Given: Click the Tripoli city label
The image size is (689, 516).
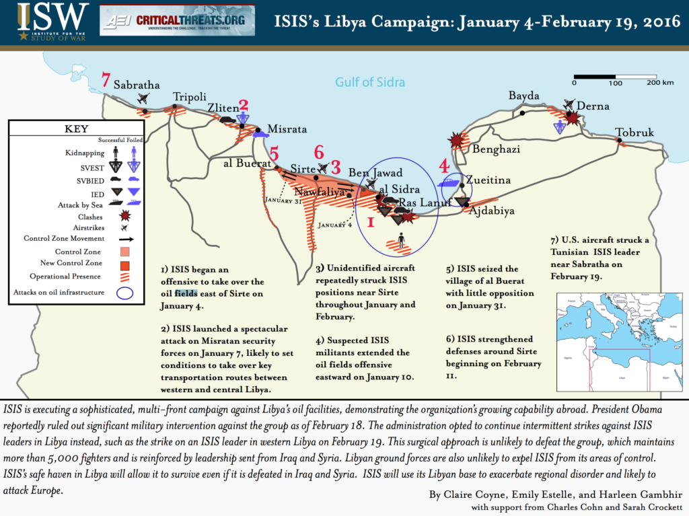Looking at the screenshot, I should [189, 96].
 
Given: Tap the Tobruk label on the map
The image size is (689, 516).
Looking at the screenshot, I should [634, 133].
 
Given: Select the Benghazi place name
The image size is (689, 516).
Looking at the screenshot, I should [497, 149].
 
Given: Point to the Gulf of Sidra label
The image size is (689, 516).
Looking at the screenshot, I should [370, 83].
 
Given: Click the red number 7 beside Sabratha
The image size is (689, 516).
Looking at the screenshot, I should [106, 80].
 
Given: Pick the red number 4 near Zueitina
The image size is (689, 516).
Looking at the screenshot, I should [444, 165].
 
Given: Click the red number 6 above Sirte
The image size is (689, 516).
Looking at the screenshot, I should [319, 152].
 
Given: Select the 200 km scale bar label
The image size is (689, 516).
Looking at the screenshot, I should [660, 83].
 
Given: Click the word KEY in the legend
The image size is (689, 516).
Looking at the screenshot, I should [75, 129].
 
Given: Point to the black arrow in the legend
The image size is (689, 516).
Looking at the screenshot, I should [126, 239].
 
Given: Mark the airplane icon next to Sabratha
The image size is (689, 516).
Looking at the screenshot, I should [143, 98].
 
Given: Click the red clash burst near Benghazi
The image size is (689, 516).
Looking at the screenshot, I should [458, 140].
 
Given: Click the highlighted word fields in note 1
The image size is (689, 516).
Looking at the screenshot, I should [186, 293].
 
